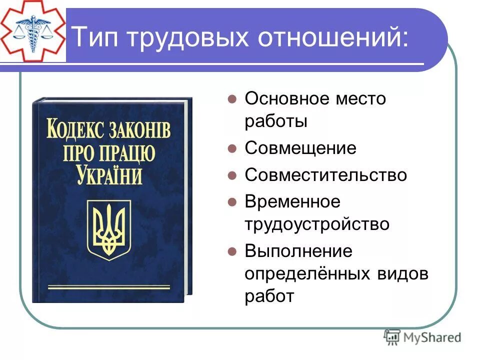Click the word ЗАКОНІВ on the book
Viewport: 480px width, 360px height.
tap(141, 131)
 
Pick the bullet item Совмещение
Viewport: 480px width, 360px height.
tap(300, 148)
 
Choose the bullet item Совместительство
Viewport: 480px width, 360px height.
tap(325, 175)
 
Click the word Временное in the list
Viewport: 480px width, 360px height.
tap(292, 202)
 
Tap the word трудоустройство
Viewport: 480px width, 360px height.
tap(317, 223)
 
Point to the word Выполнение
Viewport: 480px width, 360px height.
tap(298, 251)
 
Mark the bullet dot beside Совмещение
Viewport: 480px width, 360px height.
tap(231, 149)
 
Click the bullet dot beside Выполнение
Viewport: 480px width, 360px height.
tap(231, 251)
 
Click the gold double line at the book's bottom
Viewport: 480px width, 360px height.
tap(108, 287)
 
